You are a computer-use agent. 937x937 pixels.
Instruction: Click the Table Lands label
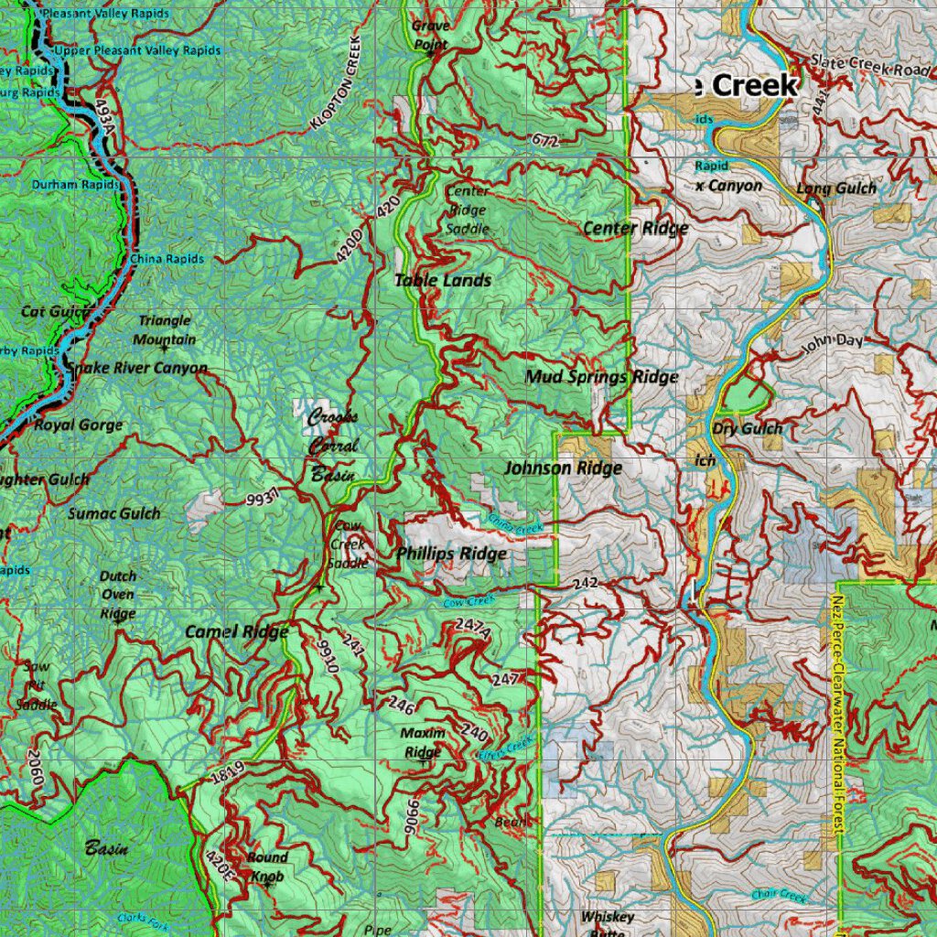[x=443, y=281]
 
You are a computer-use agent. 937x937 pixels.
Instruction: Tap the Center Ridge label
[x=635, y=228]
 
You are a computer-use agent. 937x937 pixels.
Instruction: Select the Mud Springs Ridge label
[x=601, y=376]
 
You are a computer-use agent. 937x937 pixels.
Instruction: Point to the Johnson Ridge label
[x=563, y=468]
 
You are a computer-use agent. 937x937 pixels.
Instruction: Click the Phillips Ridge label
[x=451, y=554]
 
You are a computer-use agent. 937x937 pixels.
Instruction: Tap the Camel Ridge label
[x=236, y=631]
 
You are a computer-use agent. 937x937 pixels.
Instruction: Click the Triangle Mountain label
[x=166, y=330]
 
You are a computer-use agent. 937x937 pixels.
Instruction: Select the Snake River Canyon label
[x=137, y=368]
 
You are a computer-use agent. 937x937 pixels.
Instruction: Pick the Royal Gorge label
[x=78, y=425]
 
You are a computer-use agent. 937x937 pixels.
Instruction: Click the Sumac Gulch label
[x=113, y=513]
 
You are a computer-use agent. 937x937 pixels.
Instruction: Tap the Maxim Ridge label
[x=423, y=742]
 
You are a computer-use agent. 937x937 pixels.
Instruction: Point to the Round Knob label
[x=267, y=867]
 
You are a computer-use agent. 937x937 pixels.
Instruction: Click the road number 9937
[x=262, y=499]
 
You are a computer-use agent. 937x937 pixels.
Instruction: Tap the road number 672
[x=544, y=140]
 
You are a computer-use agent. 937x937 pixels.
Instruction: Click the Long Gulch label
[x=835, y=188]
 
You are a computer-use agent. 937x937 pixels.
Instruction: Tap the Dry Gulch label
[x=748, y=428]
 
